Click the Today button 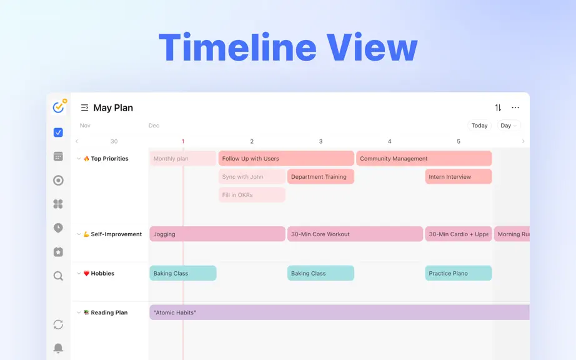tap(479, 126)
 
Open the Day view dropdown tap(509, 126)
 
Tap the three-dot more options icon tap(515, 107)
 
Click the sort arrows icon tap(498, 107)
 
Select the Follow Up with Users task tap(286, 158)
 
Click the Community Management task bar tap(424, 158)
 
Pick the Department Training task tap(320, 177)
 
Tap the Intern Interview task tap(459, 177)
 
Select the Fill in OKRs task tap(252, 195)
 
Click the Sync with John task tap(252, 177)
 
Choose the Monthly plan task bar tap(182, 158)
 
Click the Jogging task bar tap(217, 234)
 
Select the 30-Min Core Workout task tap(355, 234)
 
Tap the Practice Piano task tap(459, 273)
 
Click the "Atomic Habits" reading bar tap(339, 312)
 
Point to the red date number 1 tap(183, 141)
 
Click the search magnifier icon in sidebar tap(58, 276)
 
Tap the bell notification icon tap(58, 348)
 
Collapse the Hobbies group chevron tap(79, 273)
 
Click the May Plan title tap(113, 107)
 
